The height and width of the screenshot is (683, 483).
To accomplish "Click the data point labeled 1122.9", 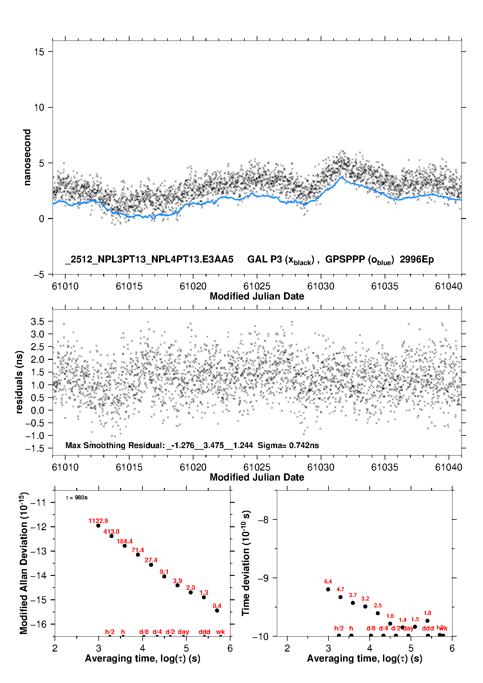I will point(98,526).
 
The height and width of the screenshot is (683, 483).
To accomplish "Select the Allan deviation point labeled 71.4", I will point(138,555).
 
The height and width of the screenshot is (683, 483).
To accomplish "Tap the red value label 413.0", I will point(111,531).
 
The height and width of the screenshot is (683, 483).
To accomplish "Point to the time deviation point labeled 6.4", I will point(328,589).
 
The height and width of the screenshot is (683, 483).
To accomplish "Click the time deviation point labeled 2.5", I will point(378,613).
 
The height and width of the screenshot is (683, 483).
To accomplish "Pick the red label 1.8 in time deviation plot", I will point(427,613).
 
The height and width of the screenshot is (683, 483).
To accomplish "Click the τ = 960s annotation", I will point(77,498).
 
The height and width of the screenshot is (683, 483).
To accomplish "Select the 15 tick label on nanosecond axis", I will point(39,52).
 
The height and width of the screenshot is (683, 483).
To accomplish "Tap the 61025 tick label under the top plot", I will point(257,286).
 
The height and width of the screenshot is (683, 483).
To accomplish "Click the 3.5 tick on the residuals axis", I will point(37,322).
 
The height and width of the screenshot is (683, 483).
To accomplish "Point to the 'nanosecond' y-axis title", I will point(27,157).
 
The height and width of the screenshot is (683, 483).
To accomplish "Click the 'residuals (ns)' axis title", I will point(19,382).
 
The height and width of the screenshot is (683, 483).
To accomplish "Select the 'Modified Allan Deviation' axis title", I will point(24,563).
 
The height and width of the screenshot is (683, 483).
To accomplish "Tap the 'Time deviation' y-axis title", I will point(246,563).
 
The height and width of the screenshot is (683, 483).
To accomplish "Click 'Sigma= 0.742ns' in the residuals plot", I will point(288,445).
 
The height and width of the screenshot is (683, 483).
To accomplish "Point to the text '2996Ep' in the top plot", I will point(416,260).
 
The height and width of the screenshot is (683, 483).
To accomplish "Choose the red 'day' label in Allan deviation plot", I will point(183,632).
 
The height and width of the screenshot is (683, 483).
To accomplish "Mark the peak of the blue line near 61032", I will point(341,177).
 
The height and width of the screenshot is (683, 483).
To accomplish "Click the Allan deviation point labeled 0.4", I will point(217,610).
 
